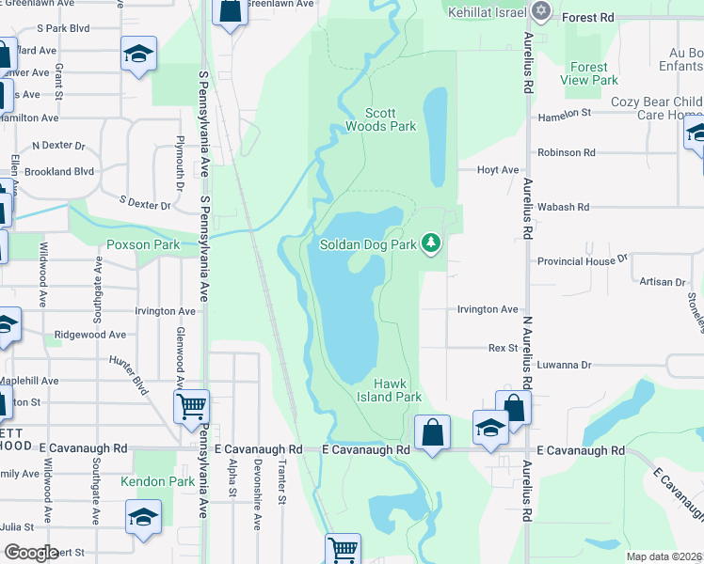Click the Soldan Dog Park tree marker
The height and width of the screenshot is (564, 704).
click(x=431, y=244)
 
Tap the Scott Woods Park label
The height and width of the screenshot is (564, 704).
click(x=380, y=118)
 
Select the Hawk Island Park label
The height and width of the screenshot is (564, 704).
click(x=398, y=390)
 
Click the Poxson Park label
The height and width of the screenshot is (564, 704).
click(x=143, y=244)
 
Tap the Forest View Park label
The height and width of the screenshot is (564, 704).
click(x=589, y=73)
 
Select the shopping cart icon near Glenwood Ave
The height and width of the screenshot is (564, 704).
click(x=191, y=407)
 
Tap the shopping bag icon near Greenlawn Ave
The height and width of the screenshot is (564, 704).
click(x=230, y=11)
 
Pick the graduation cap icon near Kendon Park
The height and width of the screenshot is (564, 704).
click(x=143, y=516)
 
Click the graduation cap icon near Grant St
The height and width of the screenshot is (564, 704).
click(x=138, y=54)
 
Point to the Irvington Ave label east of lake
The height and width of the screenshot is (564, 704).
click(x=488, y=309)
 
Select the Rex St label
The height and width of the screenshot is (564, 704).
click(x=504, y=348)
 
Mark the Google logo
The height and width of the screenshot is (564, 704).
click(x=30, y=553)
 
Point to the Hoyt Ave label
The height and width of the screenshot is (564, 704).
click(x=498, y=170)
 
